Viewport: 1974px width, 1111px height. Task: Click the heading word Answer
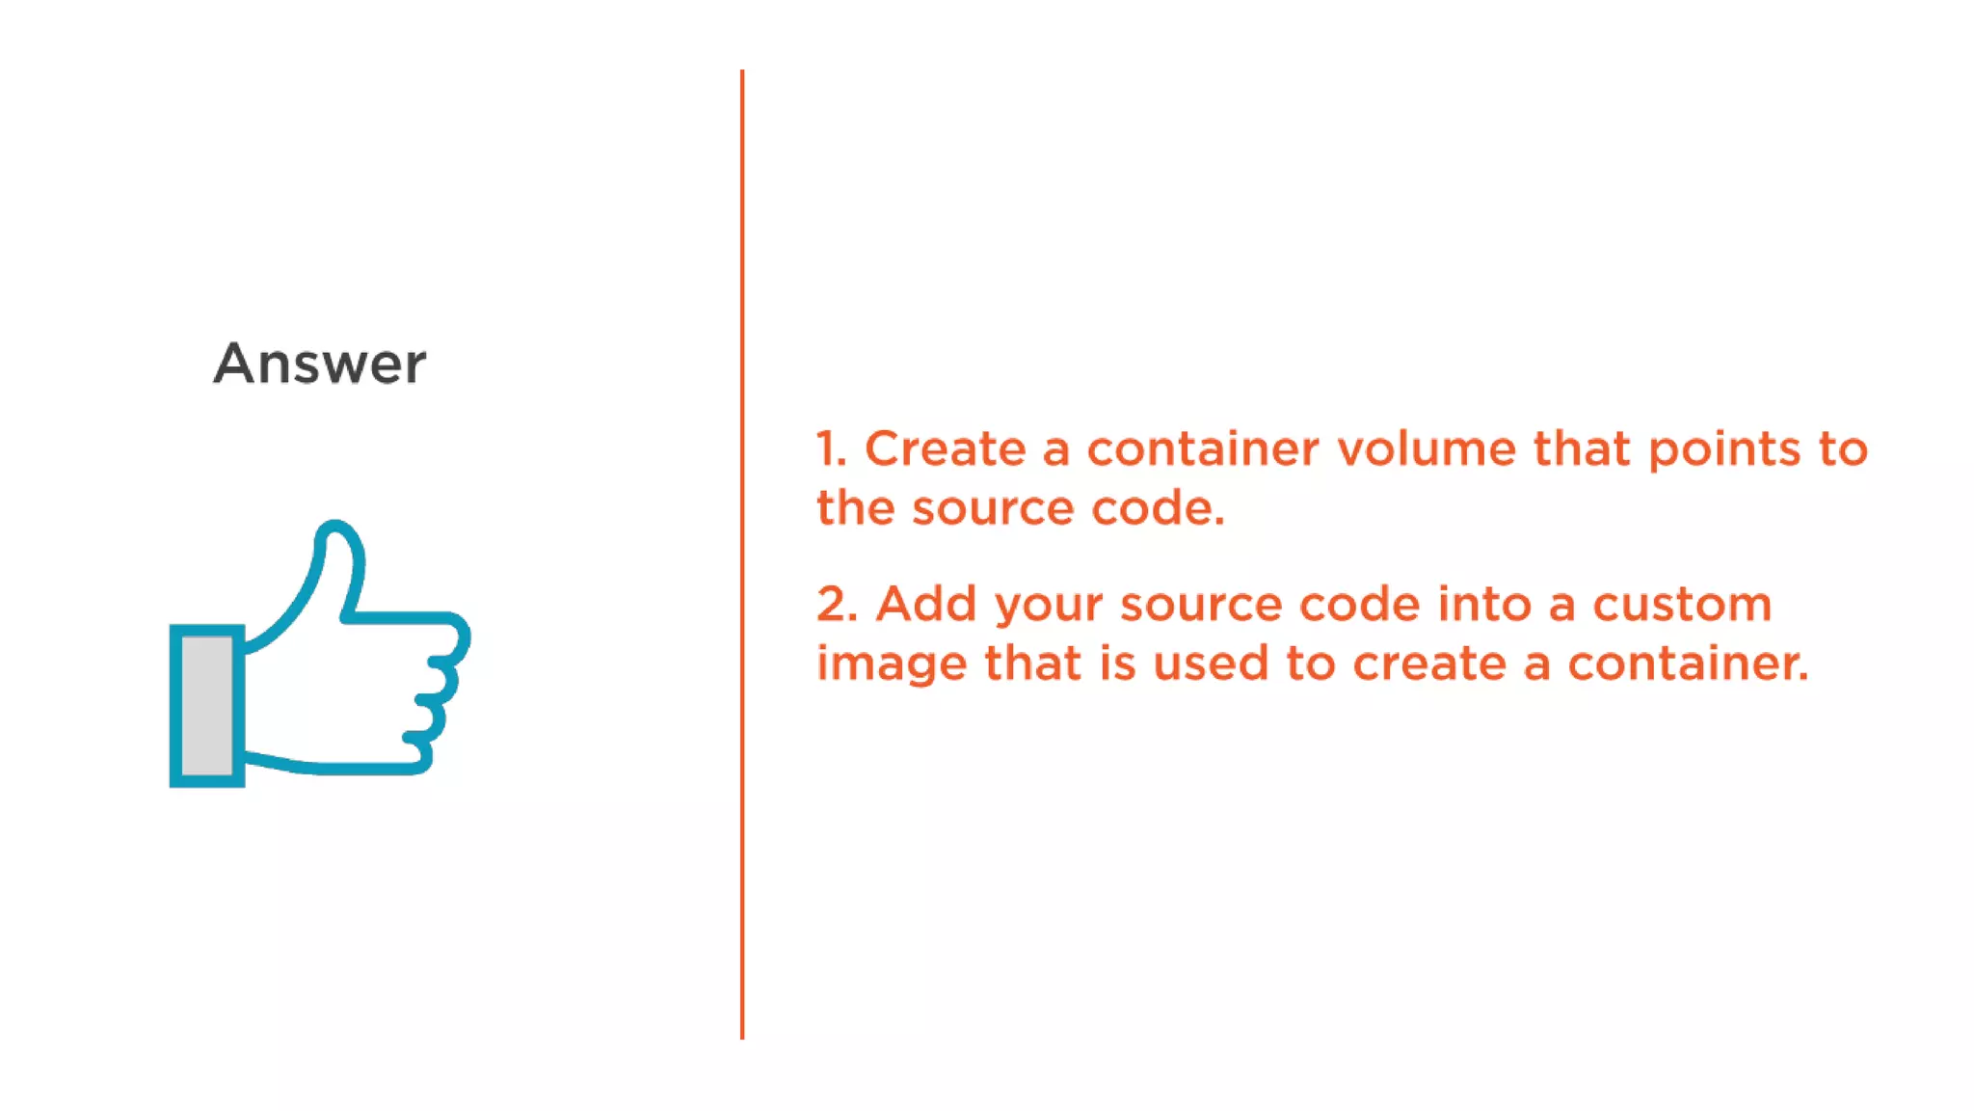tap(319, 364)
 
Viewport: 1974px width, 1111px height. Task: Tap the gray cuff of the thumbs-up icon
tap(206, 705)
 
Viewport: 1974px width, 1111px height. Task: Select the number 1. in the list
tap(831, 449)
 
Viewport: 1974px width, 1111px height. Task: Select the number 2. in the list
tap(837, 605)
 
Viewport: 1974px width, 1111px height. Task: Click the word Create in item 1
tap(945, 449)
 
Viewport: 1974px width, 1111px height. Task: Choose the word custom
tap(1681, 605)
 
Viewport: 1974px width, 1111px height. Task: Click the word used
tap(1210, 664)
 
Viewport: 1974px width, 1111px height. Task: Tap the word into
tap(1484, 605)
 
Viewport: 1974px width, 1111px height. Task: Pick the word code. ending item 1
tap(1158, 508)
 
